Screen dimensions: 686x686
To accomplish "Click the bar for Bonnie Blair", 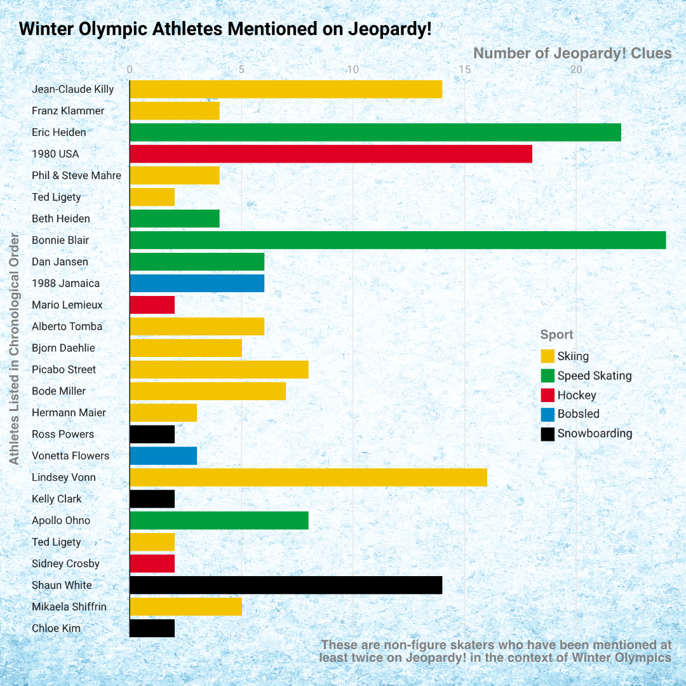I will pos(398,240).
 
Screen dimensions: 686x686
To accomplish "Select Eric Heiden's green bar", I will pos(375,132).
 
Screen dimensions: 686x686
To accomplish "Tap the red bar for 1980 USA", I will pos(330,154).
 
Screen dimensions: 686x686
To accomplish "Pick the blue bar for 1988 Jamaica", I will pos(197,283).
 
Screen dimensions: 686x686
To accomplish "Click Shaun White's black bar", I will pos(286,585).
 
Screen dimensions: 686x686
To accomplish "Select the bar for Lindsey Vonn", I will pos(308,477).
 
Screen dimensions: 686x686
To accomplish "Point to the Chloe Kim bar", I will pos(152,628).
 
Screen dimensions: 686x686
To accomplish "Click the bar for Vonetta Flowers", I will pos(163,455).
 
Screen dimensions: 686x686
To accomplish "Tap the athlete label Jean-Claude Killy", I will pos(73,89).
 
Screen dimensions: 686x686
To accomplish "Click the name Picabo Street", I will pos(64,370).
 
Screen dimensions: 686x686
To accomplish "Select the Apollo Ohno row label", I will pos(61,521).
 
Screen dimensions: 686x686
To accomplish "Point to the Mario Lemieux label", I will pos(67,305).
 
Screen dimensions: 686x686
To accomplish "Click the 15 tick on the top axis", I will pos(464,69).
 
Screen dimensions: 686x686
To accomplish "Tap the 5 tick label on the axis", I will pos(241,69).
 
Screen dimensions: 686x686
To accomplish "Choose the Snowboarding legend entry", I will pos(595,434).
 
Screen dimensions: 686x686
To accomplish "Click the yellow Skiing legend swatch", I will pos(548,356).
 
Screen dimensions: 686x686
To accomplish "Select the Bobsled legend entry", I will pos(578,414).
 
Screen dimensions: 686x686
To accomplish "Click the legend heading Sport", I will pos(556,335).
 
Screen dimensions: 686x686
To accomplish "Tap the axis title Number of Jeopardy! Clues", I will pos(572,53).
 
